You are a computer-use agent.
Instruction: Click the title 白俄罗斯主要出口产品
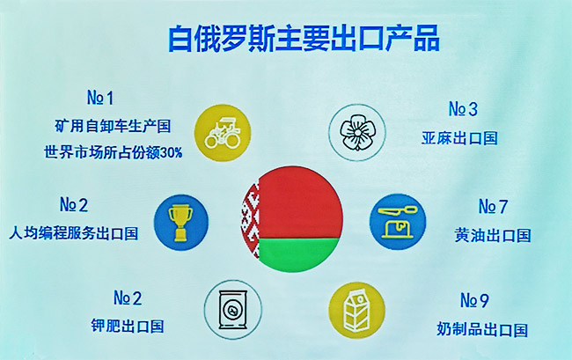304,39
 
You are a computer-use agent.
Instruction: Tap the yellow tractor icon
223,133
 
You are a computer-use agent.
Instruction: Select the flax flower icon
357,132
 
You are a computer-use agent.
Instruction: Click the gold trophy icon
181,223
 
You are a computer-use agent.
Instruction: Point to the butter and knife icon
398,222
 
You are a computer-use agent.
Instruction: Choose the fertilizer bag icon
232,309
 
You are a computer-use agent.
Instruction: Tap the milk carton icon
356,310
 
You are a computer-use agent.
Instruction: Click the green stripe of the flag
300,254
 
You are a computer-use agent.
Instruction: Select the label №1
100,98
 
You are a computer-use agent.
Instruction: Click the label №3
463,109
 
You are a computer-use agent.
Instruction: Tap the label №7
493,207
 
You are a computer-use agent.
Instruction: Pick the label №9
474,300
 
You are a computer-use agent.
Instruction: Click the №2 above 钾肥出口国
128,298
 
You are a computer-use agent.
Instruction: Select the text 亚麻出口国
459,138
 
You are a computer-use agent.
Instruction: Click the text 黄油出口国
493,235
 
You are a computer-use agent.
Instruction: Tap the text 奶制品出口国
482,330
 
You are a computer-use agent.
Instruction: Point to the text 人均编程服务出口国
74,233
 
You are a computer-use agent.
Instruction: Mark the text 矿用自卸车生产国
114,126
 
